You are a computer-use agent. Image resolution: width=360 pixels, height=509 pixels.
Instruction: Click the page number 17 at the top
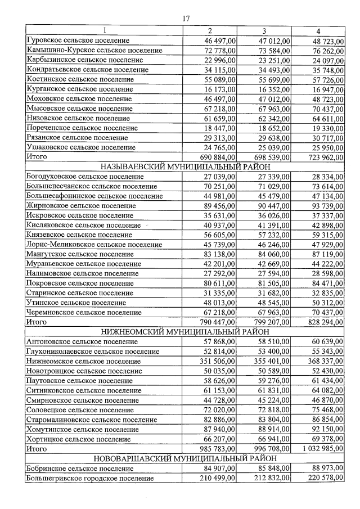(x=186, y=18)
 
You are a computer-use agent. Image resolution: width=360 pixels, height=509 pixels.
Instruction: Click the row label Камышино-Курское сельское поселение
(x=94, y=51)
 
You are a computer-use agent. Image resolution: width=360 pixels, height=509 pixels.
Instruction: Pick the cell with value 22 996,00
(x=218, y=60)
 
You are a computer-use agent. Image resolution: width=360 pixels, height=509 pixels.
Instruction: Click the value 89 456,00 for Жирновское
(x=218, y=205)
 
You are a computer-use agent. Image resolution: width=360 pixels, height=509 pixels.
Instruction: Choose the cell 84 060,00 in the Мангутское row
(x=273, y=254)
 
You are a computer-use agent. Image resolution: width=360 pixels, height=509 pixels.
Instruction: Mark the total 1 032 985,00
(x=322, y=448)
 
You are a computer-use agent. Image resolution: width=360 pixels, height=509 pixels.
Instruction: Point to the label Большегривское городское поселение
(x=90, y=478)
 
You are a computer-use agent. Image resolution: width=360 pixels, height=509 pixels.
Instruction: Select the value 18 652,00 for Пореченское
(x=273, y=128)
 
